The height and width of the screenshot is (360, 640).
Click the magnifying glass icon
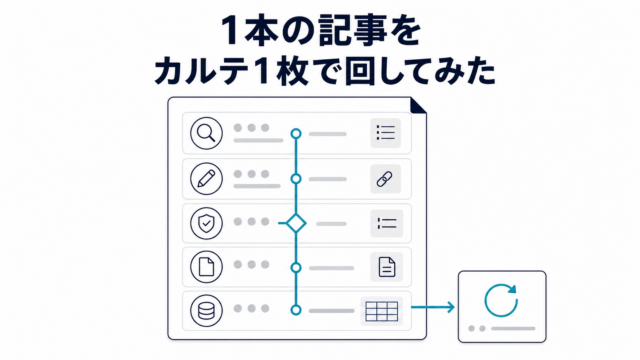[206, 133]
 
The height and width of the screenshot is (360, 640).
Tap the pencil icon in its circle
[206, 179]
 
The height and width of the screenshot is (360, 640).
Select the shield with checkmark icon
[206, 223]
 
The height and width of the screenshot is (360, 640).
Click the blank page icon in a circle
[206, 267]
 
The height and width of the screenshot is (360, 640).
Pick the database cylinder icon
[206, 311]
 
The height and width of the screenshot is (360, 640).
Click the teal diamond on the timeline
[296, 223]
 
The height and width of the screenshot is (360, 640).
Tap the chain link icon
[384, 179]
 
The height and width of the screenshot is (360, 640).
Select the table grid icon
[382, 311]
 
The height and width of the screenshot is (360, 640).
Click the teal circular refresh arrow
[501, 300]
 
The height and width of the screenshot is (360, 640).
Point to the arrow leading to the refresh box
[433, 307]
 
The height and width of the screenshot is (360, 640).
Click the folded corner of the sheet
[418, 105]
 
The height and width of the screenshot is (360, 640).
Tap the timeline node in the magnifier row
[296, 133]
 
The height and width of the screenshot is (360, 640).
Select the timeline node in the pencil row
[296, 179]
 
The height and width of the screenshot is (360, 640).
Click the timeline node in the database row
[296, 310]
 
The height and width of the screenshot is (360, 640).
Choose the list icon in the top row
[386, 133]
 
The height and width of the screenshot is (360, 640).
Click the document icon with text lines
[387, 267]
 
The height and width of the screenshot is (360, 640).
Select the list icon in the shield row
[387, 223]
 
